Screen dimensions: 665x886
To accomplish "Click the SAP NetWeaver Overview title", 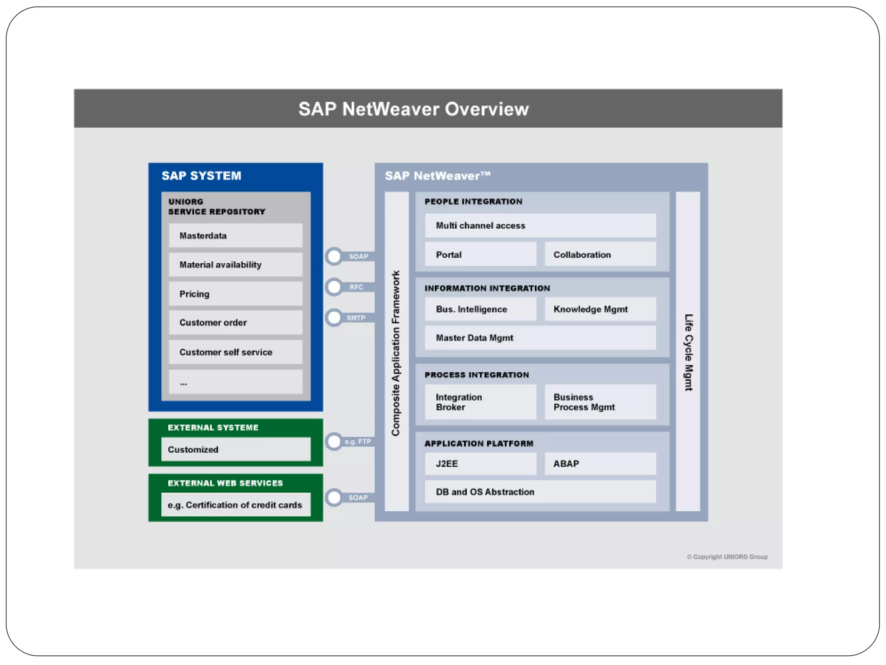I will click(x=413, y=109).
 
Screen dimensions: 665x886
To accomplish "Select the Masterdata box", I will click(x=235, y=236).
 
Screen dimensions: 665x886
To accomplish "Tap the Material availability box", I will click(x=235, y=265).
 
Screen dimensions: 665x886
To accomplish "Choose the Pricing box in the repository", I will click(x=235, y=294).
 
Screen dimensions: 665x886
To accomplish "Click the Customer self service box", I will click(x=235, y=352).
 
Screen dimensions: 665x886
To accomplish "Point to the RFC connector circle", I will click(x=334, y=287).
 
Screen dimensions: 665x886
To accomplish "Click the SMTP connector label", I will click(x=356, y=318).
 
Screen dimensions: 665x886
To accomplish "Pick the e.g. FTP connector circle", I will click(x=334, y=442).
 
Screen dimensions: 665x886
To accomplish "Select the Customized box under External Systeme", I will click(x=236, y=449).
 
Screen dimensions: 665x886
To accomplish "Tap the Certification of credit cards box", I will click(x=236, y=505).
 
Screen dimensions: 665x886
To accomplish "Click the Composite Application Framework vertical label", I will click(x=396, y=353).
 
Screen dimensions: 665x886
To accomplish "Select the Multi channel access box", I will click(x=540, y=226).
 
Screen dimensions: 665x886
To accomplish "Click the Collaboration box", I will click(x=600, y=255).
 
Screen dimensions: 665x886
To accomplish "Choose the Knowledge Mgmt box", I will click(x=600, y=309).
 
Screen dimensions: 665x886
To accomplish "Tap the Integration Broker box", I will click(x=480, y=402).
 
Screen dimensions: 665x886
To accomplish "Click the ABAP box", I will click(x=600, y=464).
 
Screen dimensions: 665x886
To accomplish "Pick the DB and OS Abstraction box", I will click(x=540, y=492).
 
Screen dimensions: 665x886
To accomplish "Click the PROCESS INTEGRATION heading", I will click(x=476, y=375).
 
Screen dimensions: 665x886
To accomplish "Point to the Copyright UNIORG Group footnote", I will click(x=727, y=557).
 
